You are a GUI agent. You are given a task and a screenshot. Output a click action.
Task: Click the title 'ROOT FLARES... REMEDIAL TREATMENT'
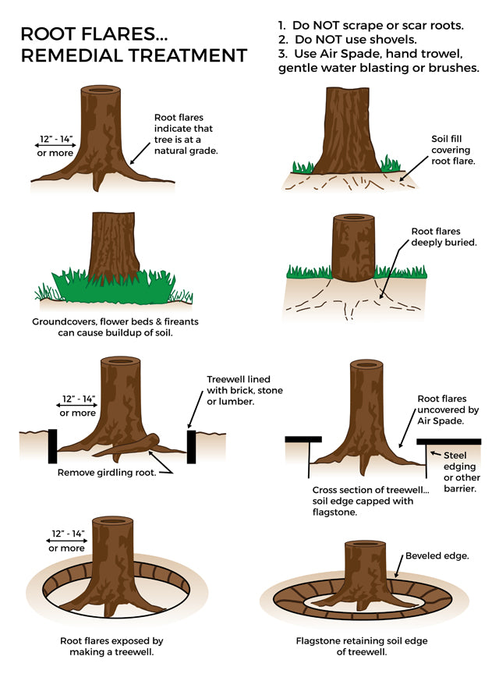pyautogui.click(x=133, y=44)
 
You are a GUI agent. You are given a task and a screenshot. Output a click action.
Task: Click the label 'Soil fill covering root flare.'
pyautogui.click(x=453, y=150)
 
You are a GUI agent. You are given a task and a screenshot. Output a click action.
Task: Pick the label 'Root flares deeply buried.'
pyautogui.click(x=444, y=236)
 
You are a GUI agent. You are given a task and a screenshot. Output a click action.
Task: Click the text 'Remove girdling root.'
pyautogui.click(x=106, y=472)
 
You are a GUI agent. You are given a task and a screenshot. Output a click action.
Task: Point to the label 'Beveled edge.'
pyautogui.click(x=437, y=556)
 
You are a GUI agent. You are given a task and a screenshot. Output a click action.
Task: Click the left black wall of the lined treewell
pyautogui.click(x=53, y=445)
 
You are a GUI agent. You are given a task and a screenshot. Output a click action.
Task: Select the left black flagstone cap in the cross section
pyautogui.click(x=303, y=439)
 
